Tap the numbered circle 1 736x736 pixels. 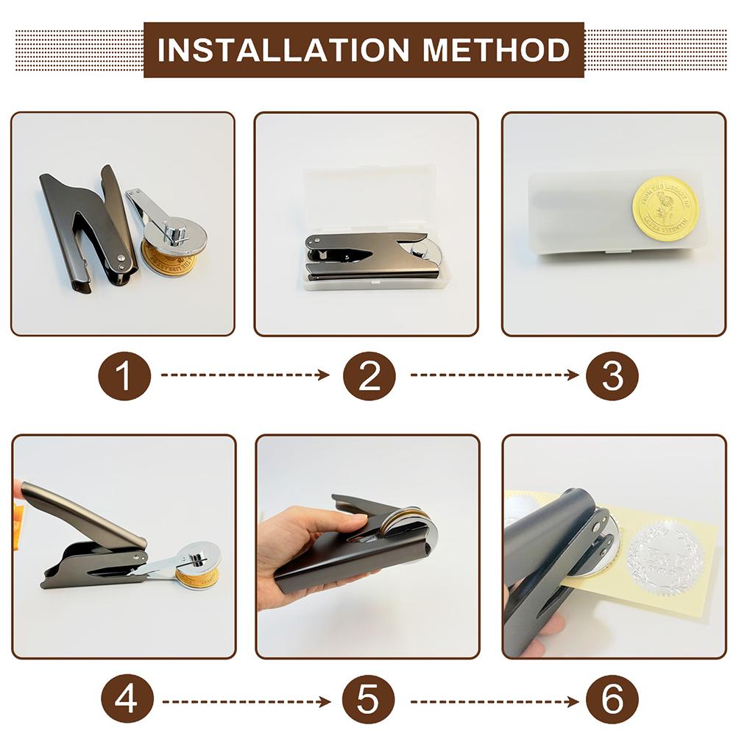pyautogui.click(x=124, y=375)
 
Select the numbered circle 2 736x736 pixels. pyautogui.click(x=369, y=375)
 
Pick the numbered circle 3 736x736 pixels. pyautogui.click(x=612, y=375)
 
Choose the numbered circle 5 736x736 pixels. pyautogui.click(x=369, y=698)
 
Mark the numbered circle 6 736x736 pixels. pyautogui.click(x=612, y=698)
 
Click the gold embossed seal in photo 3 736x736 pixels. pyautogui.click(x=665, y=207)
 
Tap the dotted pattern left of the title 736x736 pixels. pyautogui.click(x=78, y=50)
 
